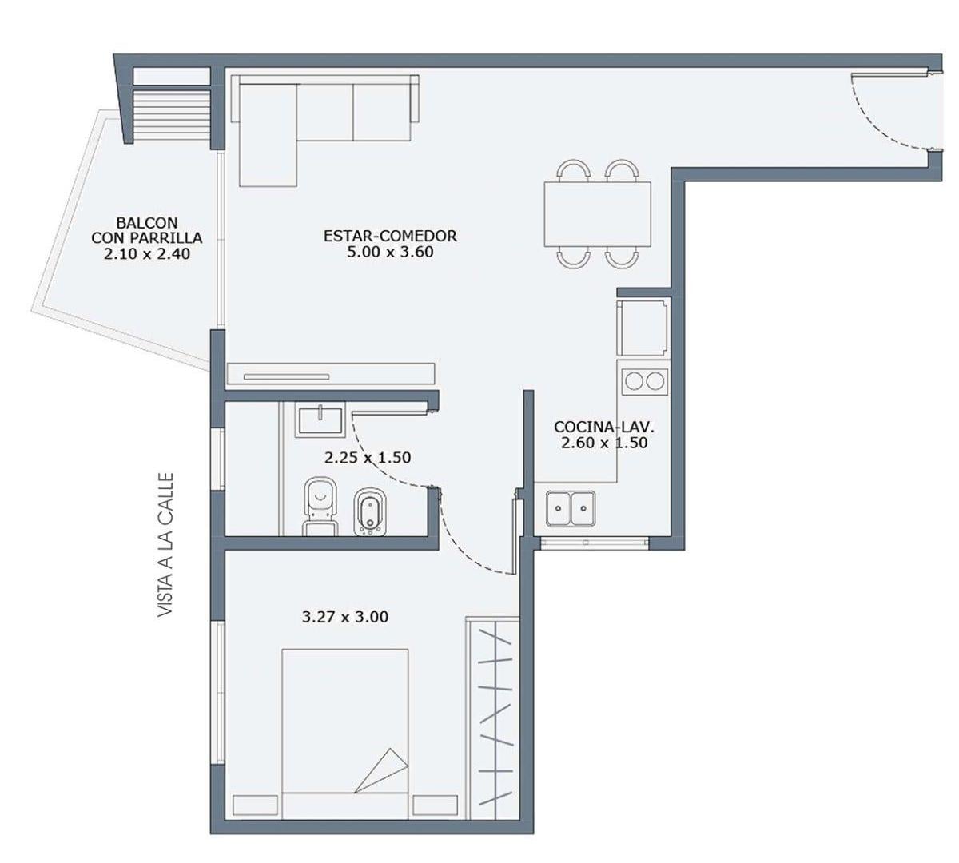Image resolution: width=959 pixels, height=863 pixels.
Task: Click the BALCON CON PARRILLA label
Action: (x=147, y=238)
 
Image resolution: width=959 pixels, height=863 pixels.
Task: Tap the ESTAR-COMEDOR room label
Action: (x=390, y=244)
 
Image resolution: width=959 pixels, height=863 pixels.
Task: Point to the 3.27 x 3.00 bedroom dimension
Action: (x=344, y=617)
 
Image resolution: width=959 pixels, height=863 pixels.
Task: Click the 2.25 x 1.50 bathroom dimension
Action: (x=367, y=458)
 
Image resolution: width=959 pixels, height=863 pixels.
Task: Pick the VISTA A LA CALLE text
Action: (x=165, y=545)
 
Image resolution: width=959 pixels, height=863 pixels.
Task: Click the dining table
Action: (x=597, y=214)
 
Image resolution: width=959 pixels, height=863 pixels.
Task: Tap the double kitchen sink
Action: (x=571, y=509)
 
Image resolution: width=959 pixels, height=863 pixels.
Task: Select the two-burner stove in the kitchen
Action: (x=644, y=381)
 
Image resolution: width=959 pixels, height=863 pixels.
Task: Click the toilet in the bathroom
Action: (x=320, y=507)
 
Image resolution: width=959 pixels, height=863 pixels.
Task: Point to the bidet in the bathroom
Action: (x=369, y=511)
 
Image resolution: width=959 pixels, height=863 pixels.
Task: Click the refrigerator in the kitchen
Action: (x=643, y=328)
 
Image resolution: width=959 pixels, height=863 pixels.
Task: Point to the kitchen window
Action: (x=595, y=543)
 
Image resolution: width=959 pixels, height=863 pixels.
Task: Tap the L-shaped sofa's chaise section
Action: (x=269, y=135)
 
